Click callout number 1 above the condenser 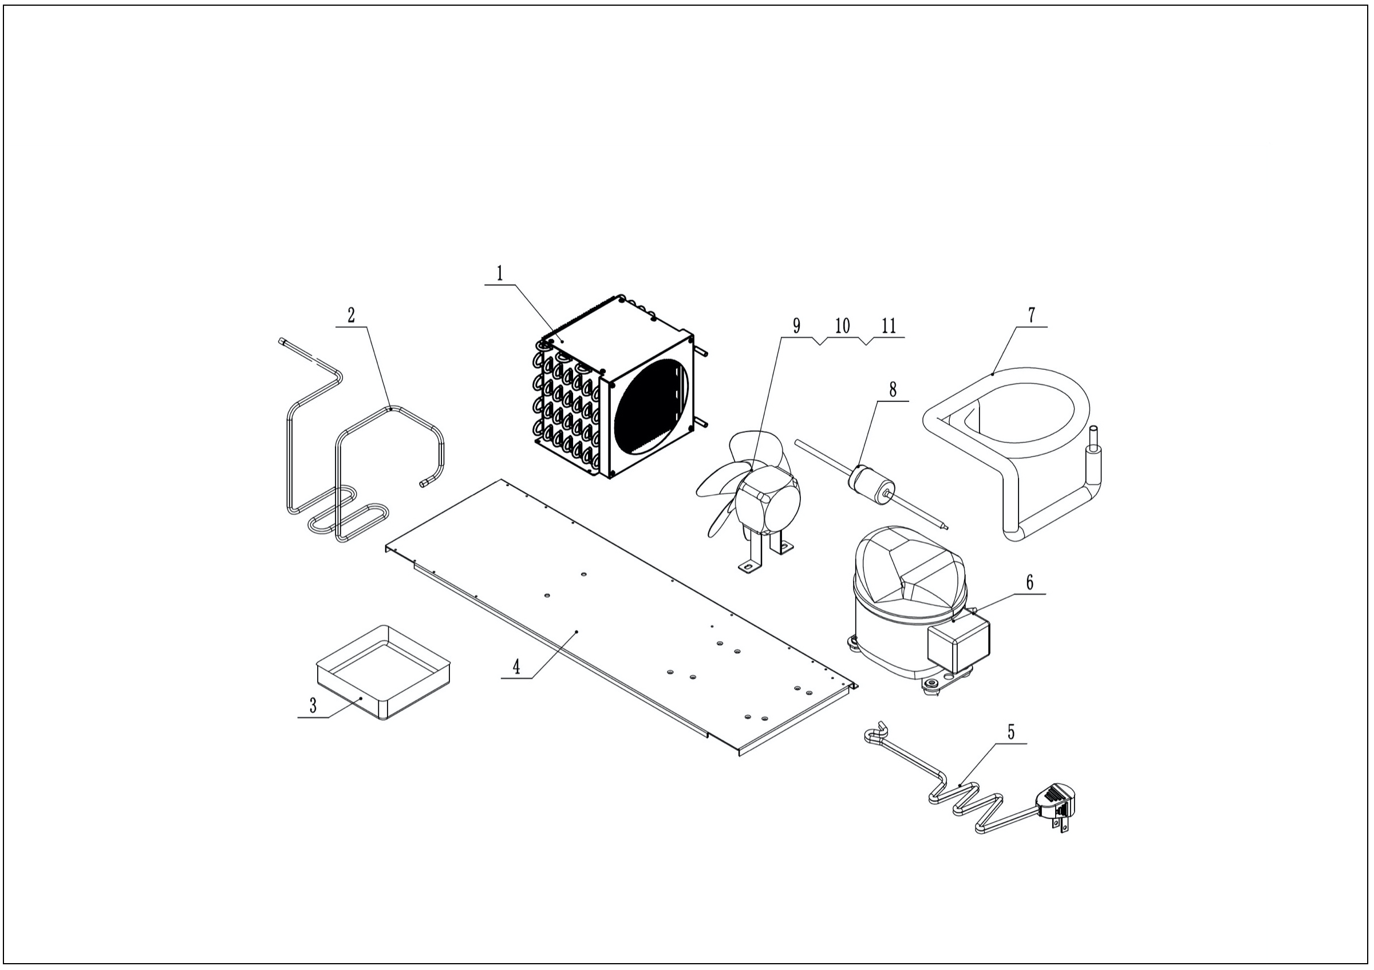(x=500, y=274)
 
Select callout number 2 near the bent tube (x=352, y=315)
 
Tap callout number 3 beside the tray (x=313, y=705)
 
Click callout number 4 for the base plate (x=516, y=667)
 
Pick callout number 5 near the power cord (x=1012, y=732)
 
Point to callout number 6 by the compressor (x=1030, y=582)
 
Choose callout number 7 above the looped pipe (x=1032, y=315)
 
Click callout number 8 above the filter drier (x=893, y=389)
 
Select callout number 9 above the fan (x=796, y=326)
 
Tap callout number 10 (x=843, y=326)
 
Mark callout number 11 (x=889, y=326)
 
